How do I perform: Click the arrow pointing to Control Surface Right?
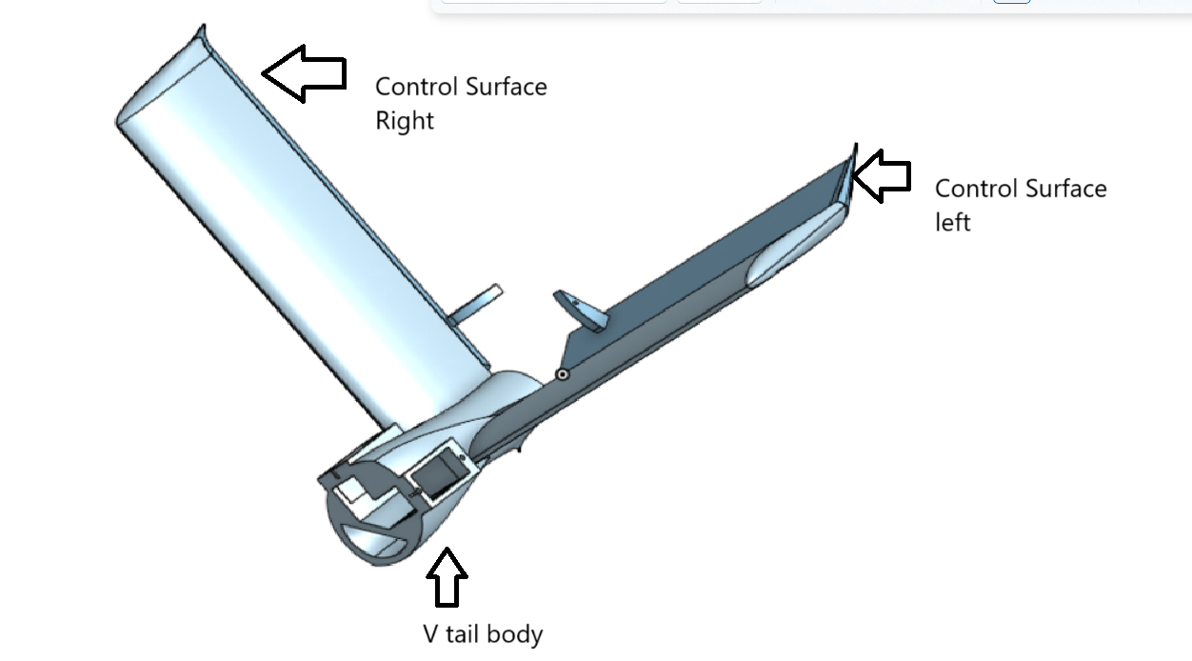click(x=305, y=73)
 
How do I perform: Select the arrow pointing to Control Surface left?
click(x=882, y=176)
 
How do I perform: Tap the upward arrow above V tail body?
click(x=447, y=577)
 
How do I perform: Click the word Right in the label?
click(x=405, y=121)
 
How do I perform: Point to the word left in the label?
click(x=952, y=222)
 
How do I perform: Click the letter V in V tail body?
click(x=430, y=634)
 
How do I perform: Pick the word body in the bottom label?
click(x=514, y=635)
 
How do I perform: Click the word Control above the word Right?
click(x=417, y=87)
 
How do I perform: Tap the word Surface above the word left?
click(x=1066, y=189)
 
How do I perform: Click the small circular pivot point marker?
click(x=562, y=374)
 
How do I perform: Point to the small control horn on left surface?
click(x=580, y=310)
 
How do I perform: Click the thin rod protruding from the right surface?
click(x=475, y=304)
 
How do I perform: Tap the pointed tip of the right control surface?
click(x=203, y=27)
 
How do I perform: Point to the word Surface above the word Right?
click(x=507, y=87)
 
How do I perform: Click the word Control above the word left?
click(x=977, y=189)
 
